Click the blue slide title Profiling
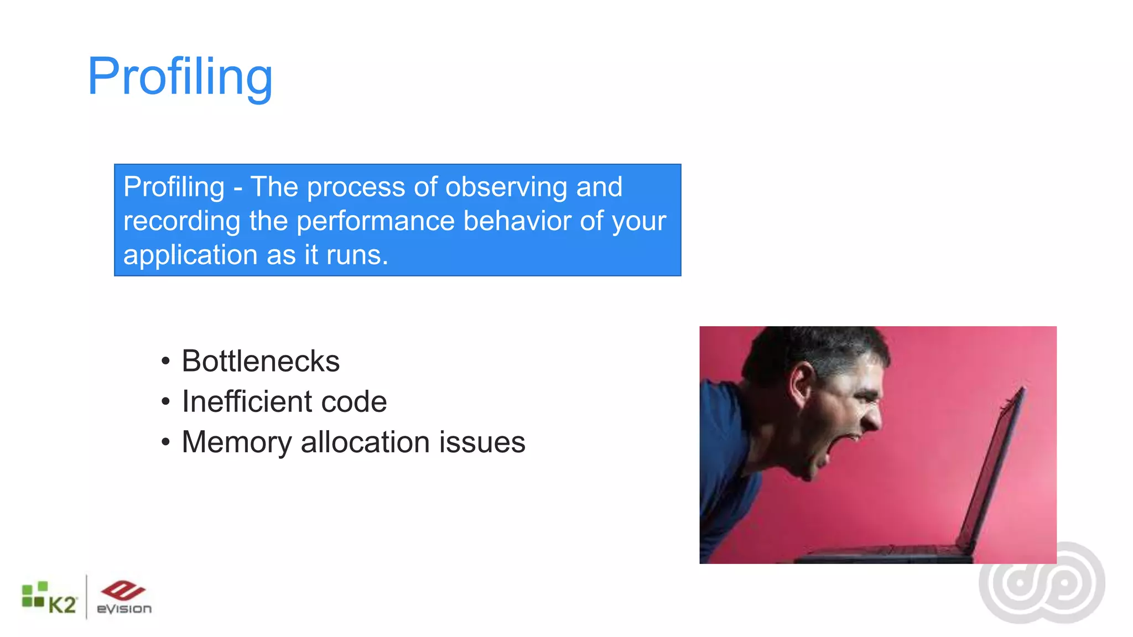180,77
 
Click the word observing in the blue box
506,187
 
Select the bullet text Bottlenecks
260,361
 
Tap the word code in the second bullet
354,401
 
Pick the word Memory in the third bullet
236,442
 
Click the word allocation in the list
365,442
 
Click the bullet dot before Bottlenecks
165,362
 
